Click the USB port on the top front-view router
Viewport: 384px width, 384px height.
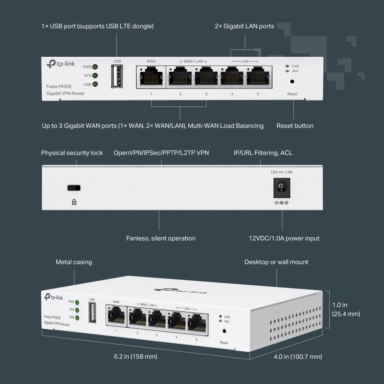117,76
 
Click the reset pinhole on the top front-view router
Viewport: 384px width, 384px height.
292,81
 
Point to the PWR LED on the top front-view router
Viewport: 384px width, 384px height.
94,67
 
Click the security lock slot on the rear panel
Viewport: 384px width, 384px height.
74,188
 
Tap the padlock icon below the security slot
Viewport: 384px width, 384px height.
74,202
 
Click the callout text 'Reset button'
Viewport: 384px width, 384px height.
295,126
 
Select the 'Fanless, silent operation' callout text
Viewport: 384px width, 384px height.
161,238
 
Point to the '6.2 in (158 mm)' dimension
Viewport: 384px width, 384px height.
136,357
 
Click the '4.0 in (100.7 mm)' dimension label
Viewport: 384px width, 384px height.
298,357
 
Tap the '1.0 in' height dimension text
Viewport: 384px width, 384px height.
339,305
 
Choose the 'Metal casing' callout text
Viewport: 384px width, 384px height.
74,262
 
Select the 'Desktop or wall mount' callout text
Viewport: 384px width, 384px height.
276,262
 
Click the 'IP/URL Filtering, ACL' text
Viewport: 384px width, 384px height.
263,153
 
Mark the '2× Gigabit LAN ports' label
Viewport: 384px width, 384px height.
244,26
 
